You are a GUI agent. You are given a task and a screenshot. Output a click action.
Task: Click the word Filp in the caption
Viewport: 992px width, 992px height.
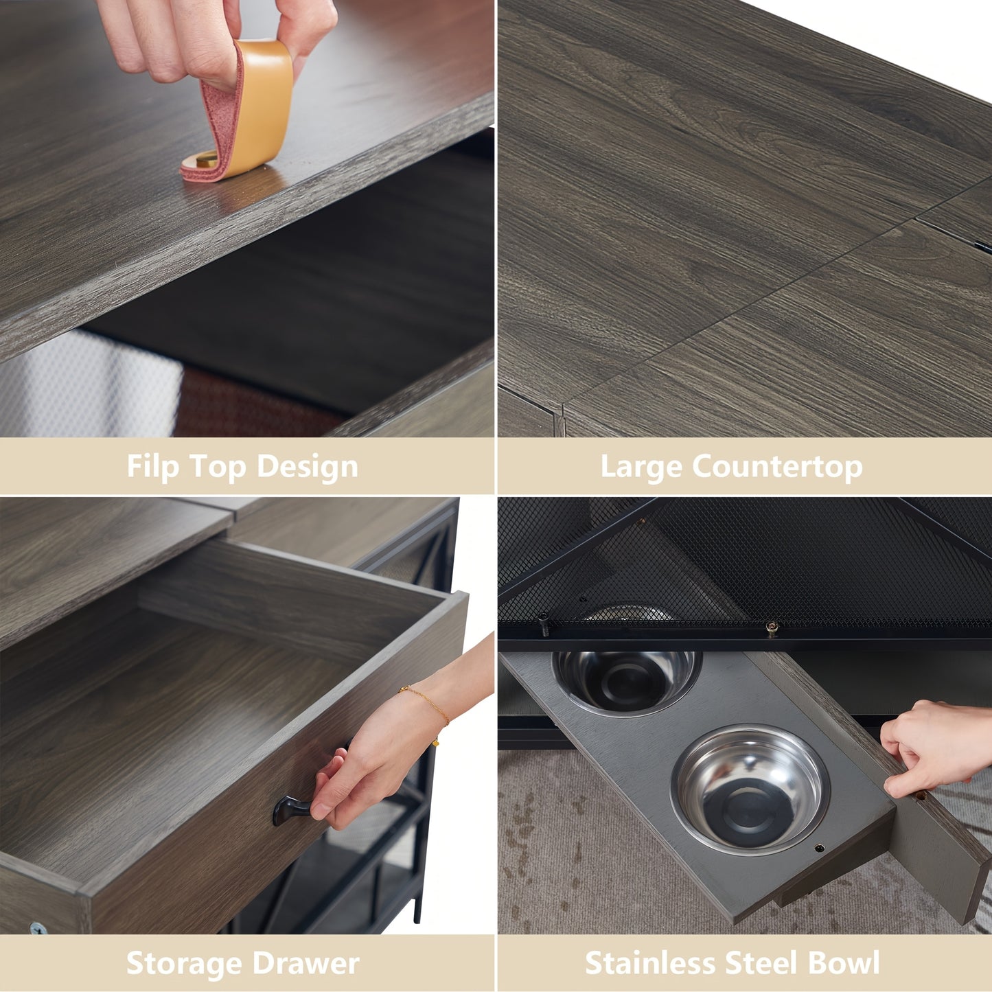[x=153, y=466]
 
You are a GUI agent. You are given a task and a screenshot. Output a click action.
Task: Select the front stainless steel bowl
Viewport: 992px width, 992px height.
[x=750, y=782]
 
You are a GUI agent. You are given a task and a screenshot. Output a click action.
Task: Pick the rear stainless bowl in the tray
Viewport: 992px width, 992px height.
[x=627, y=680]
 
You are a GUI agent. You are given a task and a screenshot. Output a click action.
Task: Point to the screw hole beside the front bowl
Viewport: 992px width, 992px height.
[x=819, y=848]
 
